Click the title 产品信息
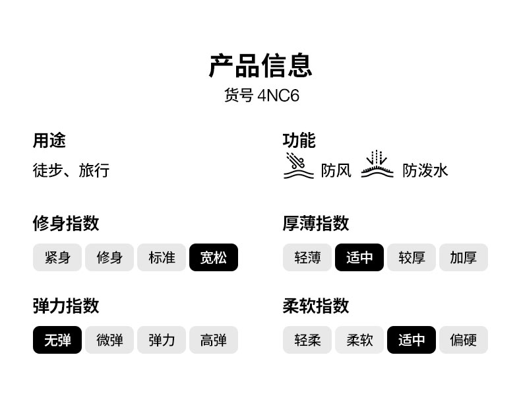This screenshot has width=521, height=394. click(x=260, y=65)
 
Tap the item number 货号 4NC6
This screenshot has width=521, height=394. click(x=261, y=96)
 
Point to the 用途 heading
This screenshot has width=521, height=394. click(x=49, y=141)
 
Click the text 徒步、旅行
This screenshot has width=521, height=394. click(x=71, y=170)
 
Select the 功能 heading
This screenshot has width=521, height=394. click(x=299, y=141)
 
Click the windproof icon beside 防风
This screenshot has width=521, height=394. click(x=299, y=166)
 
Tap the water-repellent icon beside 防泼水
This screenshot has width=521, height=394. click(x=377, y=165)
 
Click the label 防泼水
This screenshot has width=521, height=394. click(x=425, y=170)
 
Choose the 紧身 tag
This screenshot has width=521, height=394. click(x=57, y=257)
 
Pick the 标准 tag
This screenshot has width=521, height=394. click(x=162, y=257)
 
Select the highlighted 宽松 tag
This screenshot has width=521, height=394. click(x=214, y=257)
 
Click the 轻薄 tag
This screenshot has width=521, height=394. click(x=307, y=257)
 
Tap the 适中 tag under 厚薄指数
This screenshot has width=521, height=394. click(x=359, y=257)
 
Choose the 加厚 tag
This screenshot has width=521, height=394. click(x=464, y=257)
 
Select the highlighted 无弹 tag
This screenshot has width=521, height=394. click(x=57, y=341)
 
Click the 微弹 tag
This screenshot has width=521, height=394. click(x=109, y=341)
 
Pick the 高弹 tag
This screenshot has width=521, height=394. click(x=214, y=341)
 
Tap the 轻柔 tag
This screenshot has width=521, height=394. click(x=307, y=341)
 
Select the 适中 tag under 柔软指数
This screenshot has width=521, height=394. click(x=412, y=341)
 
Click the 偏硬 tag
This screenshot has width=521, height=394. click(x=464, y=341)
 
